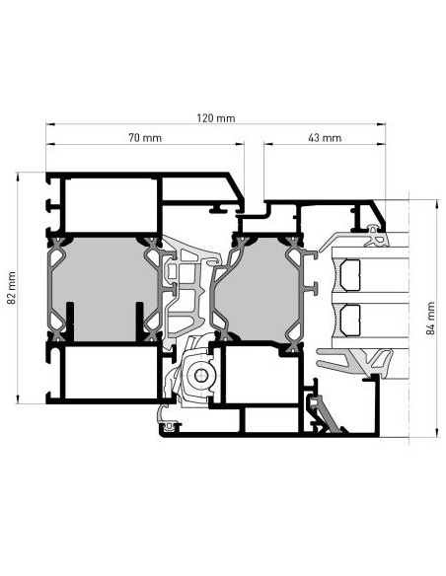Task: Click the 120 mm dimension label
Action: [216, 118]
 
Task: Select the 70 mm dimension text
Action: [145, 138]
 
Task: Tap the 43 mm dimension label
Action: [325, 138]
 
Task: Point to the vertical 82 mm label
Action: [12, 288]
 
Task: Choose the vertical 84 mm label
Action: [430, 319]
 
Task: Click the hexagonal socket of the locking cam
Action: [199, 375]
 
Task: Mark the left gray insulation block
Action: [105, 289]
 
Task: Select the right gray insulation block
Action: [258, 289]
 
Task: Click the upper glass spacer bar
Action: [350, 275]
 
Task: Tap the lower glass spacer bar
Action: [350, 321]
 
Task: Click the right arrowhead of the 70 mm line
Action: [240, 144]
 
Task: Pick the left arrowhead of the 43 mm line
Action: [268, 144]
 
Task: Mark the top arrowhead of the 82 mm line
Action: [18, 177]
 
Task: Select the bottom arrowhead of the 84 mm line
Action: [437, 432]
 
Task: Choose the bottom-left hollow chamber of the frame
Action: [111, 372]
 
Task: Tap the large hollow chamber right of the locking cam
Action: [261, 375]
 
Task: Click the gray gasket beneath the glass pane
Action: [354, 362]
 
